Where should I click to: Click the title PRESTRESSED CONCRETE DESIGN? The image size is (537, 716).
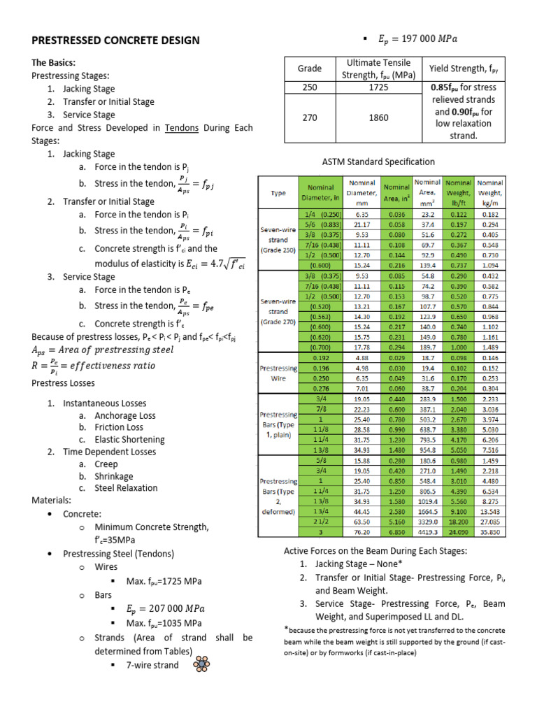tap(115, 40)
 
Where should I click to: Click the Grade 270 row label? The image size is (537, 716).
tap(310, 117)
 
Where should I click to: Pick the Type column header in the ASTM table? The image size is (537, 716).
tap(278, 194)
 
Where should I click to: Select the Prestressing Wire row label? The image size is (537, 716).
tap(279, 372)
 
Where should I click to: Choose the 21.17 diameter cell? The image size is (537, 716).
tap(361, 225)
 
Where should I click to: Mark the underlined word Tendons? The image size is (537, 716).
tap(182, 128)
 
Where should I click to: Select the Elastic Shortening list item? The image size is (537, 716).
tap(129, 439)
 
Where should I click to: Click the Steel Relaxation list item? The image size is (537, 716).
tap(126, 488)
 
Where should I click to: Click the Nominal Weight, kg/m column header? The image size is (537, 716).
tap(489, 189)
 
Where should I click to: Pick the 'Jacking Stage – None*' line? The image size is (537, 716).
tap(359, 564)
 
